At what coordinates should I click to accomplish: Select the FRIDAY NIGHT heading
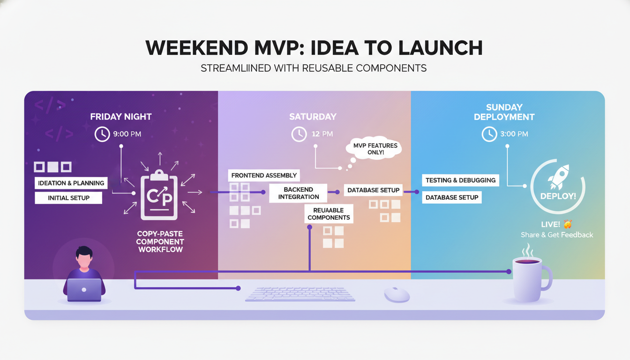[121, 117]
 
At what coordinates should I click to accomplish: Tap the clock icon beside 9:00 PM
[102, 134]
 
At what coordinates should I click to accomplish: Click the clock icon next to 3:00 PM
[489, 134]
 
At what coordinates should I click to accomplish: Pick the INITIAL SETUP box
[68, 198]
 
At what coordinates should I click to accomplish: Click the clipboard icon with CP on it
[159, 195]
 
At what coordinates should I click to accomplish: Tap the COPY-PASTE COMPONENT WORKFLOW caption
[160, 241]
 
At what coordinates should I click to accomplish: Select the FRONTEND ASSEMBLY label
[264, 175]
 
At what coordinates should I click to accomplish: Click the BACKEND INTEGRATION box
[299, 193]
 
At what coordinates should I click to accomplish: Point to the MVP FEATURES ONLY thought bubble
[375, 149]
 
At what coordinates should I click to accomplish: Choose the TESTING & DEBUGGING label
[460, 180]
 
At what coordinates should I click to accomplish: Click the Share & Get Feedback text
[557, 235]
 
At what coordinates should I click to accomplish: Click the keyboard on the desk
[300, 294]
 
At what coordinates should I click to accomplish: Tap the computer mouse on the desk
[397, 294]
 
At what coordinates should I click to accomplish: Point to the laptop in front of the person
[84, 290]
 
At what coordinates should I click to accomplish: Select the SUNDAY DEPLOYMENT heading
[504, 112]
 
